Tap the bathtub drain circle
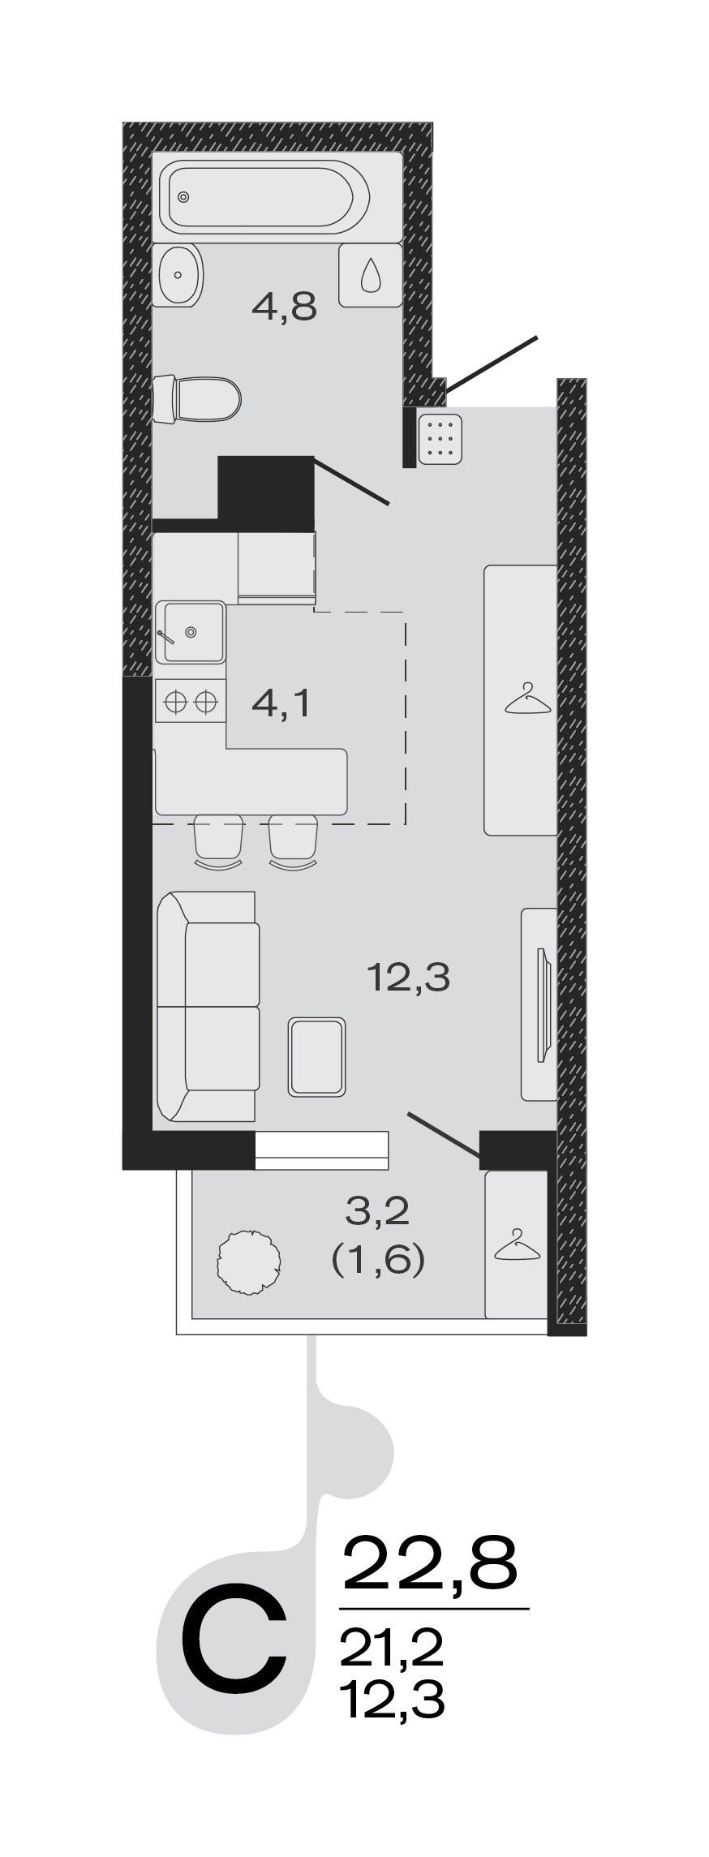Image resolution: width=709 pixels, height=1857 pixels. click(x=184, y=196)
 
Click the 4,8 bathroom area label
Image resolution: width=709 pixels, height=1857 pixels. click(x=283, y=307)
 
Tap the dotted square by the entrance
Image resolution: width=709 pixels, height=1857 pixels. click(x=440, y=439)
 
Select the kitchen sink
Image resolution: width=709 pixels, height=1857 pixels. click(x=191, y=632)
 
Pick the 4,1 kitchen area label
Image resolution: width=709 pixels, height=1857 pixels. click(x=281, y=704)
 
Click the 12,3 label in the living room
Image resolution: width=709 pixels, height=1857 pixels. click(x=408, y=978)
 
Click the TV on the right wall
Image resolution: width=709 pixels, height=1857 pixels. click(x=543, y=1004)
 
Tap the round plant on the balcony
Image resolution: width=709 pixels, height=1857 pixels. click(x=250, y=1262)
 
